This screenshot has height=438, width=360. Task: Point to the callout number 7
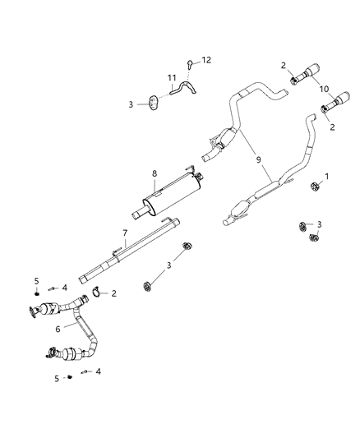(125, 233)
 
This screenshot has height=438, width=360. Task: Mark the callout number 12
(206, 59)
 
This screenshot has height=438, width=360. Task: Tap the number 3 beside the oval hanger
(131, 104)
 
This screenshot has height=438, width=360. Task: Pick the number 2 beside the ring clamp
(113, 293)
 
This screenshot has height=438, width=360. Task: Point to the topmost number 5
(37, 281)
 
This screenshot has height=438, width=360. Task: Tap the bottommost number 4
(98, 372)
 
